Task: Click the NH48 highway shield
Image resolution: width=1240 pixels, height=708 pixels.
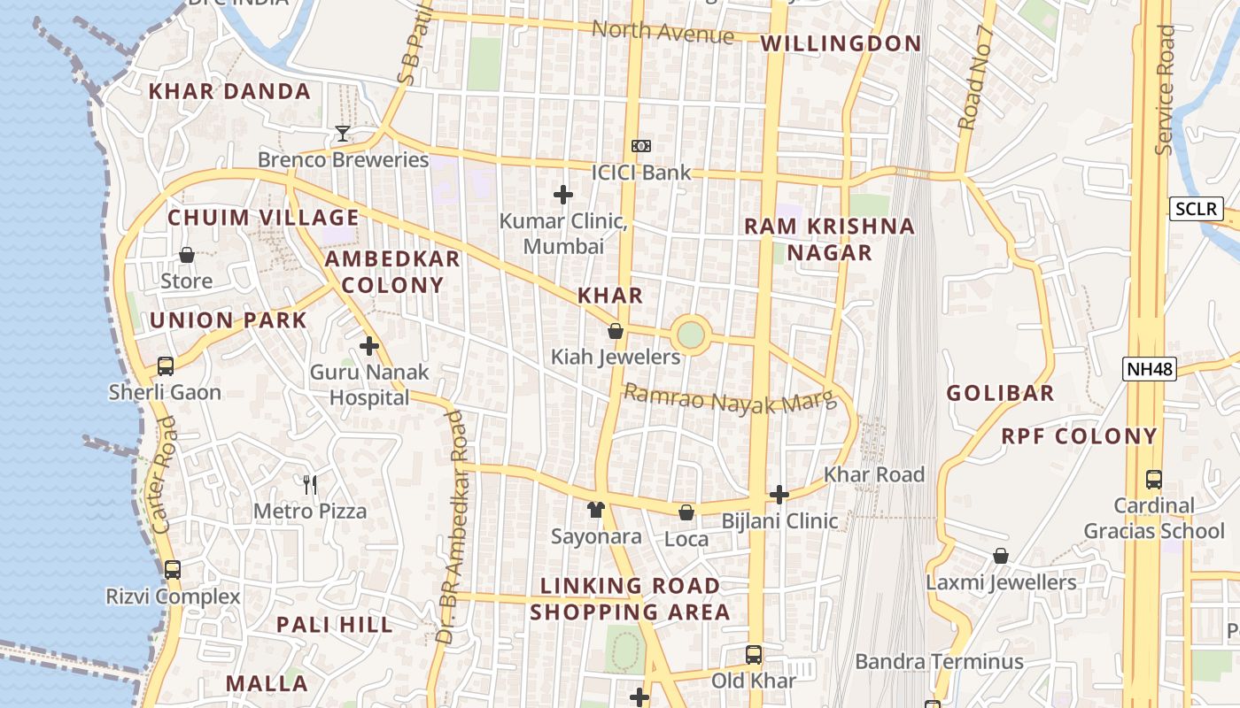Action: [x=1149, y=369]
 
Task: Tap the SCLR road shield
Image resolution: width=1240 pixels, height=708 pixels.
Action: [x=1196, y=210]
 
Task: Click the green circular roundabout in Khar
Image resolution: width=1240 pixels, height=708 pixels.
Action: [x=691, y=335]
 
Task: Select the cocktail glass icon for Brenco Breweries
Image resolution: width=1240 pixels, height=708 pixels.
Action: [x=343, y=134]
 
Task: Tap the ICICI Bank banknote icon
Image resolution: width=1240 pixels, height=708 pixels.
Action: [x=640, y=146]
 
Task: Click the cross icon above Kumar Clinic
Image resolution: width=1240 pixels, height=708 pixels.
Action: [x=562, y=195]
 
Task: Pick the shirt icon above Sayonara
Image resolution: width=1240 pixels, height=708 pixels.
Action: [x=596, y=510]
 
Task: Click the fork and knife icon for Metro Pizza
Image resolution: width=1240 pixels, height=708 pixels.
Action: [x=310, y=484]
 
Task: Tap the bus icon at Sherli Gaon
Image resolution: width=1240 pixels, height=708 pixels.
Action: [x=165, y=366]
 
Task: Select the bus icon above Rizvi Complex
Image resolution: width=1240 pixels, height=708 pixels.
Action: [x=173, y=570]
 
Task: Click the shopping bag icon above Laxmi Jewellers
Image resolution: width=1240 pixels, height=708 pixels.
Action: [x=1001, y=556]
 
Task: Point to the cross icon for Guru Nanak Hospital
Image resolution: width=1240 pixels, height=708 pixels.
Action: [x=369, y=346]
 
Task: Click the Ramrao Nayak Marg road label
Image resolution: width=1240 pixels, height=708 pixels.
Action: [x=730, y=399]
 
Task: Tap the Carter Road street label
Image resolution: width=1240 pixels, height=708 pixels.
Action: [x=164, y=475]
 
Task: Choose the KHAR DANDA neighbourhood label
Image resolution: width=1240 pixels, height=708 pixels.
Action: [x=229, y=91]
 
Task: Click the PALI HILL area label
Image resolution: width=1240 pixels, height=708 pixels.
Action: [x=334, y=625]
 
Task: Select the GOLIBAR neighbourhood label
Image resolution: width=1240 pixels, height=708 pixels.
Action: [x=1000, y=393]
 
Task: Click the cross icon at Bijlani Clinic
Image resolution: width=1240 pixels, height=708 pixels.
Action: [x=779, y=494]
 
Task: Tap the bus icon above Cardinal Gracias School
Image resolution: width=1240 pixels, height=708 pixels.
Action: [x=1153, y=480]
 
